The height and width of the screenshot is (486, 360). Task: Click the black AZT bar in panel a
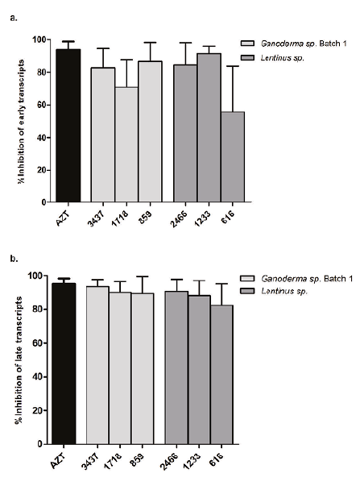(x=67, y=126)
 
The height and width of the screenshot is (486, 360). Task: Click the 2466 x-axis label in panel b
(x=172, y=458)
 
